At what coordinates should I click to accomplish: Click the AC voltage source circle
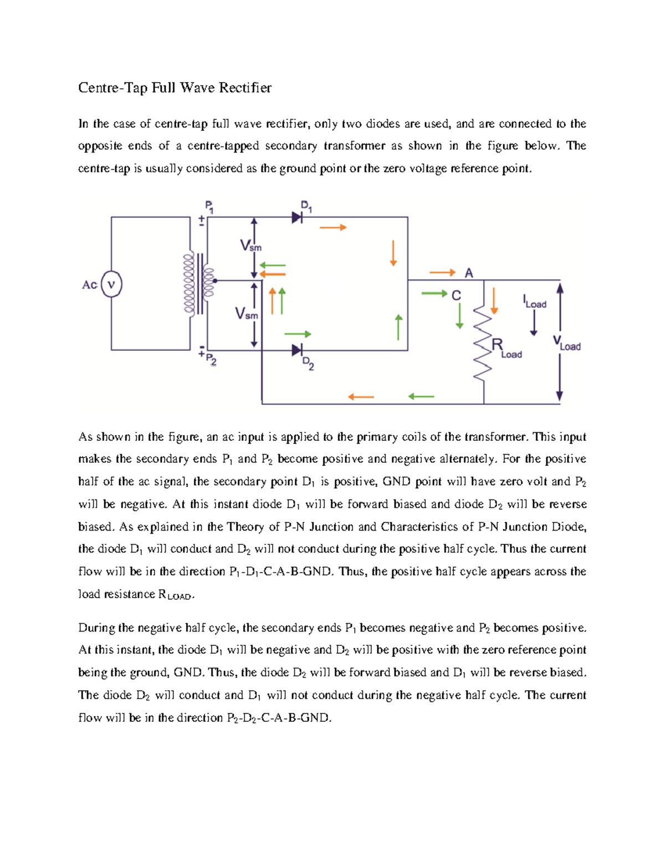111,284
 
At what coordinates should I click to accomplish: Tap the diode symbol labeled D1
297,217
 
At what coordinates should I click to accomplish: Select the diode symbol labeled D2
297,350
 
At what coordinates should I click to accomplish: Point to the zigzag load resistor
483,344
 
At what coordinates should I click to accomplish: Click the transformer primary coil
189,283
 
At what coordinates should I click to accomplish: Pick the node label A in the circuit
469,273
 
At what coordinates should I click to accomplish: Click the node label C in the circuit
456,296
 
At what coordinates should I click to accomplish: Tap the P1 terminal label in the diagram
209,206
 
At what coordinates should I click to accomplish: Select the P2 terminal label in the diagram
211,360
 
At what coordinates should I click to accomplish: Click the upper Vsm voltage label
250,246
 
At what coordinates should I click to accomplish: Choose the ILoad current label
534,302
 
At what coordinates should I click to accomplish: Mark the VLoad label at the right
567,343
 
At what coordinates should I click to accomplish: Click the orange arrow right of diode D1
333,227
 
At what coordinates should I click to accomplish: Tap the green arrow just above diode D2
298,334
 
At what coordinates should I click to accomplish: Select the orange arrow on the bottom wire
361,397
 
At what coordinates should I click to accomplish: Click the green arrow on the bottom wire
421,396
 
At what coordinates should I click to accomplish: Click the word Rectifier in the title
245,88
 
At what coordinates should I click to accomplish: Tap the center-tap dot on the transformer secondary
215,281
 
